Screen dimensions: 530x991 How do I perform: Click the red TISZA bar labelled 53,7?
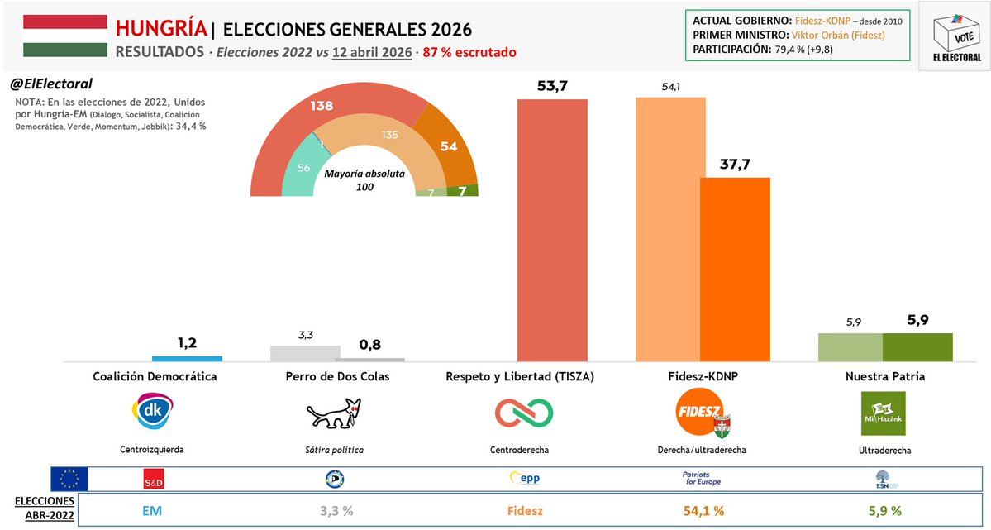coord(552,230)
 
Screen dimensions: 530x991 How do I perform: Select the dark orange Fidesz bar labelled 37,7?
coord(735,270)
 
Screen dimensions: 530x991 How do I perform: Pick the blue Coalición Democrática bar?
coord(187,359)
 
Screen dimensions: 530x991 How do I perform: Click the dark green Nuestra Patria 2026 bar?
coord(917,347)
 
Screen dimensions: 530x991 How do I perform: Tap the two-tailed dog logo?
coord(334,413)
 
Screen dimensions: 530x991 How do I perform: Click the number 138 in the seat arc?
coord(322,106)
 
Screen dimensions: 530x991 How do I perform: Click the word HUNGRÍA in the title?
coord(161,29)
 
